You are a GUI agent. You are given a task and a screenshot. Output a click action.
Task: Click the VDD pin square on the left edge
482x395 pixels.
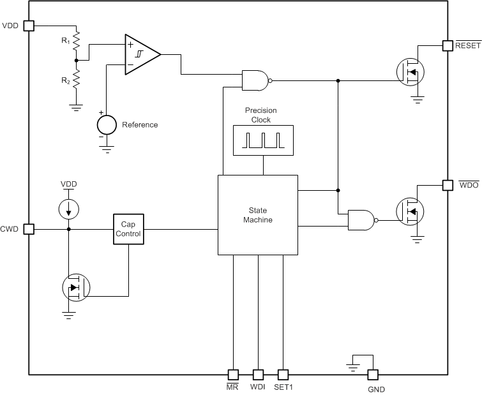(x=28, y=26)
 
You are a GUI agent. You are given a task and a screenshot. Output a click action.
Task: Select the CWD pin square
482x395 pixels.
(x=28, y=229)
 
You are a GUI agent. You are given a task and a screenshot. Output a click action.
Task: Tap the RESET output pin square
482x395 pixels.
(x=448, y=45)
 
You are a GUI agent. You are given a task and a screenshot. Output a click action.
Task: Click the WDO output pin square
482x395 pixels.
(x=448, y=185)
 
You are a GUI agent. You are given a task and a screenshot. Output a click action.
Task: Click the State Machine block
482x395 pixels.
(x=257, y=215)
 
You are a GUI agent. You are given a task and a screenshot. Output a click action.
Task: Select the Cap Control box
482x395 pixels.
(x=128, y=229)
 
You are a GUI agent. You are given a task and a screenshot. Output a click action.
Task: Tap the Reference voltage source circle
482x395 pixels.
(x=106, y=124)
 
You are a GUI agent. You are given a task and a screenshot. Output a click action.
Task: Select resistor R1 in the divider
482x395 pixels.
(x=77, y=41)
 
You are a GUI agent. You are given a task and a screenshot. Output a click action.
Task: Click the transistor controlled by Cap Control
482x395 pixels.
(x=76, y=288)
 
